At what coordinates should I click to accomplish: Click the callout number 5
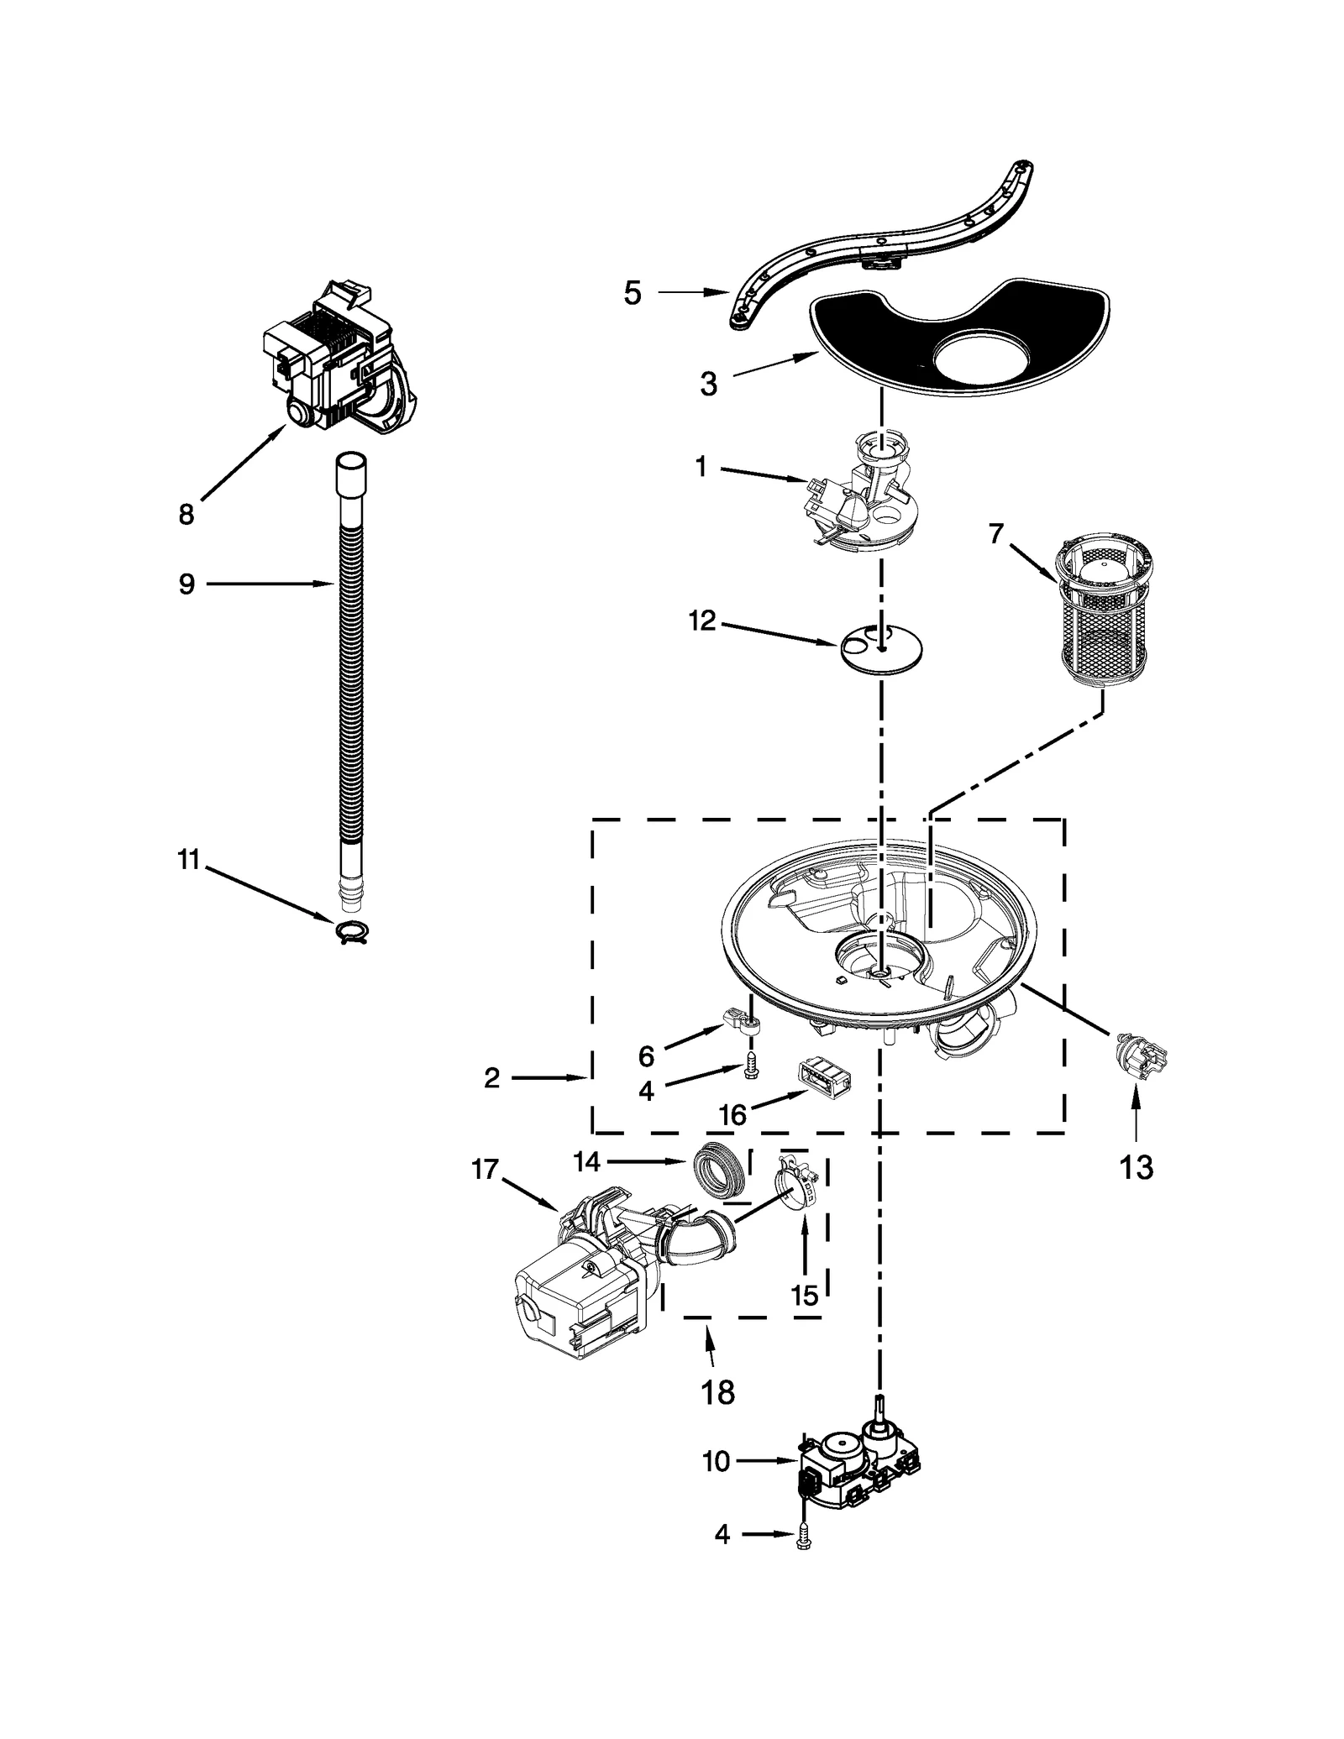click(x=633, y=293)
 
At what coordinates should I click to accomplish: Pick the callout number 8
click(x=186, y=514)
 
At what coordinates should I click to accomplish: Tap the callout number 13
click(x=1136, y=1166)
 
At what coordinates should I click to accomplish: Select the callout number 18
click(x=717, y=1392)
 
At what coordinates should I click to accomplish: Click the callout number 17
click(x=485, y=1169)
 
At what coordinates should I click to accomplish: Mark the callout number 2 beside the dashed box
click(x=492, y=1077)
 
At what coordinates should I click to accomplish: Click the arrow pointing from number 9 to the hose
click(x=269, y=584)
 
